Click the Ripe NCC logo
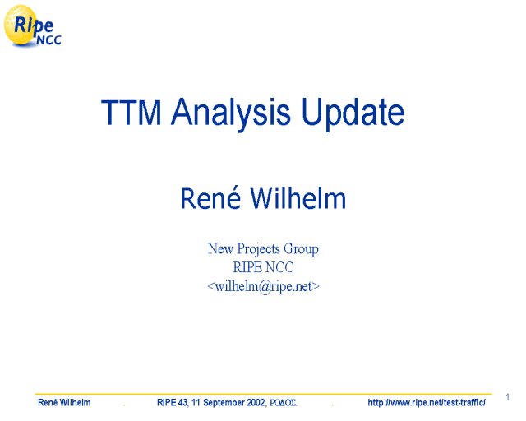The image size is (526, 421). [32, 25]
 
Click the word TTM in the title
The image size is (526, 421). [131, 112]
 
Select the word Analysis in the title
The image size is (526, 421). [230, 113]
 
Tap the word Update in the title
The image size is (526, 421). [353, 113]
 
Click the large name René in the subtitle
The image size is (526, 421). [210, 197]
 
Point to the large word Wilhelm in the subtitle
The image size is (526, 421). [298, 198]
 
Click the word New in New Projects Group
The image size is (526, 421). [220, 249]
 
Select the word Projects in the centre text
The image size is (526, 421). [258, 250]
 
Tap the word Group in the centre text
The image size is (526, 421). [301, 250]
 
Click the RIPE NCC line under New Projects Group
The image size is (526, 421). [263, 267]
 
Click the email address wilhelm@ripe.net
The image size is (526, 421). [263, 287]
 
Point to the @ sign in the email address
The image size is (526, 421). [265, 287]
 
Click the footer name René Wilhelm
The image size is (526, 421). [64, 402]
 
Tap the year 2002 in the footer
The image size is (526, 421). [256, 402]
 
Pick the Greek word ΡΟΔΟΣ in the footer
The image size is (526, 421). [283, 403]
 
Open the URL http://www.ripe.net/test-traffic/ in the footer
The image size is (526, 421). [427, 402]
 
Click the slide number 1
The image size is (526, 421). [508, 397]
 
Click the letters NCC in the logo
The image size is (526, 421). [48, 40]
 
